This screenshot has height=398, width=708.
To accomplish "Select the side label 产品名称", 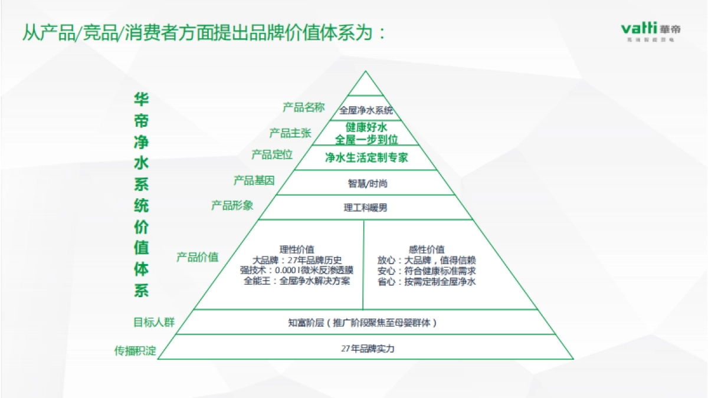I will [303, 107].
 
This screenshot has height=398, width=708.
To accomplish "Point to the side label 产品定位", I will [272, 154].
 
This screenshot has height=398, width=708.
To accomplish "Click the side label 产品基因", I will [254, 180].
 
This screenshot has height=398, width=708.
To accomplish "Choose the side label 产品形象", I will [232, 205].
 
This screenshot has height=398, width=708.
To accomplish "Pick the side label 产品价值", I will [197, 257].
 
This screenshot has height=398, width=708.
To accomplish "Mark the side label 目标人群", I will [153, 323].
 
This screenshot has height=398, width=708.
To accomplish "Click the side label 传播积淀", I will [135, 351].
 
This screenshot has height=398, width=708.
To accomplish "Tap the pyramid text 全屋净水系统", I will [366, 110].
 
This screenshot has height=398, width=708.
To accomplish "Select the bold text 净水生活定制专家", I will [366, 157].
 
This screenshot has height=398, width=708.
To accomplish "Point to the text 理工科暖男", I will [366, 208].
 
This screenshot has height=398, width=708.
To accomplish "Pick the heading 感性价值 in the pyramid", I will [427, 249].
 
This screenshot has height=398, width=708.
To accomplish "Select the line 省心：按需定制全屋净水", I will [427, 281].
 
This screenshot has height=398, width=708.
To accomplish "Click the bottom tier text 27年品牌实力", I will [367, 348].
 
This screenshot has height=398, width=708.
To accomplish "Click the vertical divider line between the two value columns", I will [363, 265].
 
